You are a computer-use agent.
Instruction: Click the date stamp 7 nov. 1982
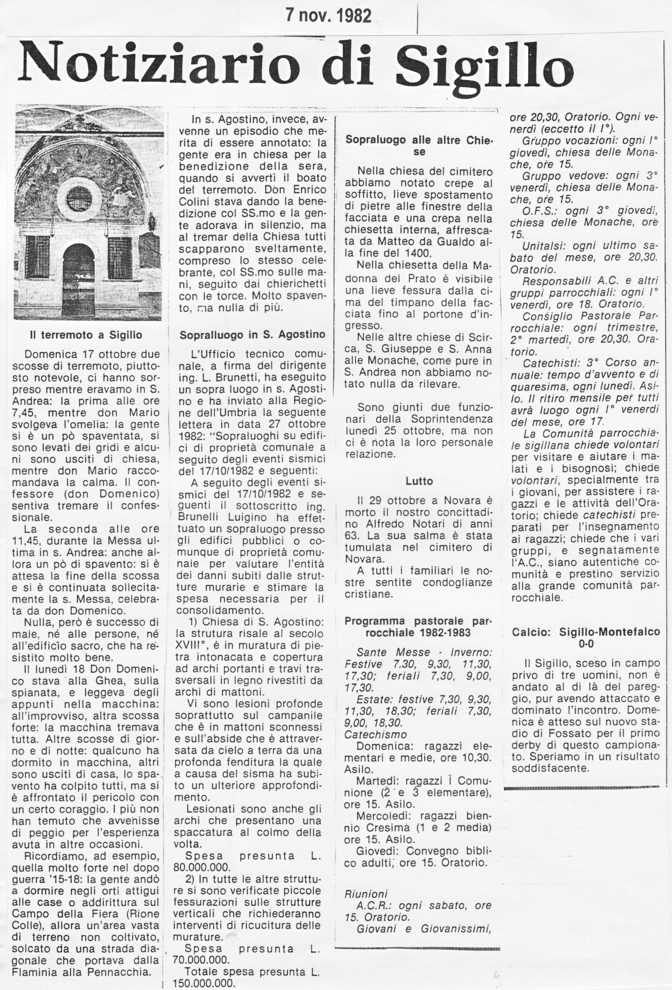(x=328, y=16)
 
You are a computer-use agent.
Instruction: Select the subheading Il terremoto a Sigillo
(x=86, y=335)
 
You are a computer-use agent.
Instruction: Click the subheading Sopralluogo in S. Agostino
(x=253, y=335)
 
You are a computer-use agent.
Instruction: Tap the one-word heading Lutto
(x=419, y=481)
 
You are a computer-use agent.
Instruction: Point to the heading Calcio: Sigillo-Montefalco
(x=586, y=632)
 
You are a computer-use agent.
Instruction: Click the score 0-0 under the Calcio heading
(x=586, y=644)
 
